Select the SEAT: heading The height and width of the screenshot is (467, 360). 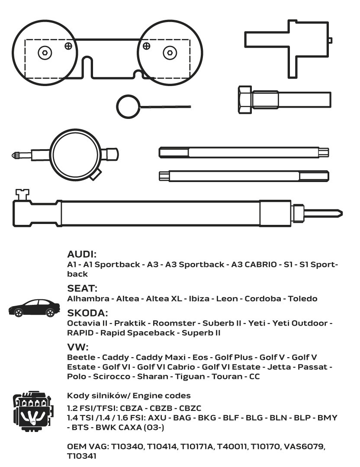click(82, 288)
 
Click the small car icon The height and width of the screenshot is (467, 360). click(34, 308)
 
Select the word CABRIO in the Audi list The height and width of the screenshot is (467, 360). click(258, 265)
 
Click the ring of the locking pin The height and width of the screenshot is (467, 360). click(128, 106)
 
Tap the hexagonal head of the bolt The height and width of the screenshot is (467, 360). click(244, 98)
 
